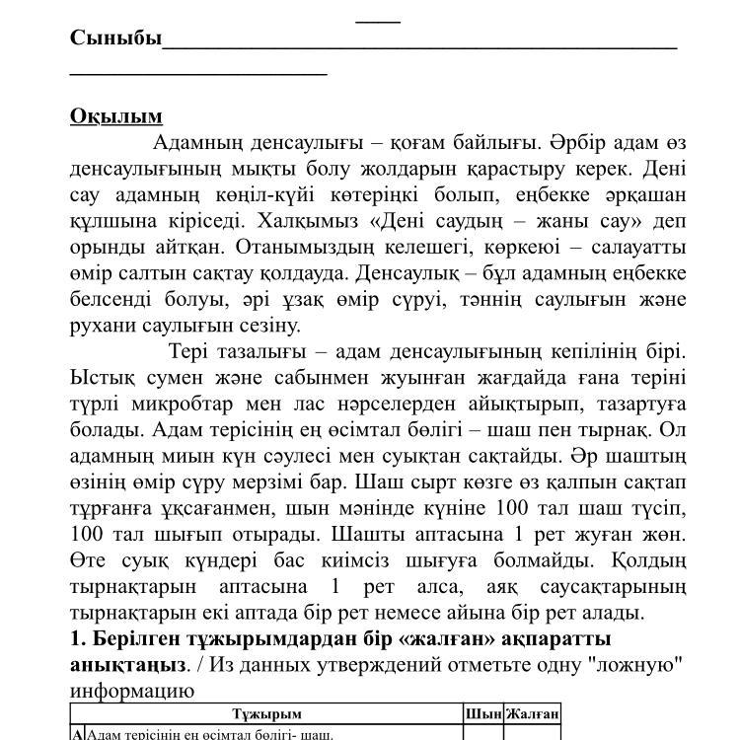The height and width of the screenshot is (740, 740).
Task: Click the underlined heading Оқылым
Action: [115, 116]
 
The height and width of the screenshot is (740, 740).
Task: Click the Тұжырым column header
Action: [266, 713]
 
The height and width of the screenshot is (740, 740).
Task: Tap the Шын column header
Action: [482, 713]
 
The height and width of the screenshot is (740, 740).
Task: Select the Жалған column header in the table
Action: [532, 713]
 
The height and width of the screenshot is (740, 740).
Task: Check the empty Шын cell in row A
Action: [482, 733]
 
